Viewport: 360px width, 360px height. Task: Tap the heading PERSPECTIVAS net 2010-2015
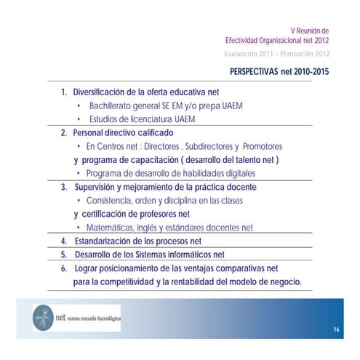(x=280, y=73)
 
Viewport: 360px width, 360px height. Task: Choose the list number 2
(x=63, y=133)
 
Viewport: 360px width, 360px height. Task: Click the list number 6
(x=63, y=268)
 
